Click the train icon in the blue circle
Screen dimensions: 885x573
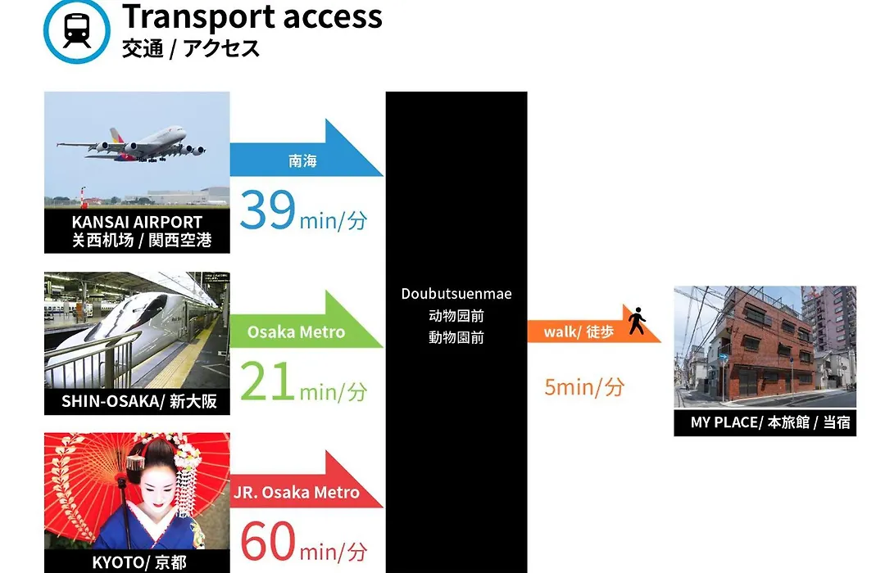click(x=77, y=30)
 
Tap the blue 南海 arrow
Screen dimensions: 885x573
click(x=306, y=148)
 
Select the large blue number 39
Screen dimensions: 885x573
click(x=267, y=210)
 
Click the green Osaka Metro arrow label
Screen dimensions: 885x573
click(x=296, y=332)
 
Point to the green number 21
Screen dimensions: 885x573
click(x=267, y=381)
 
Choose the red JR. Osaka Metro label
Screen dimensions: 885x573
click(x=297, y=492)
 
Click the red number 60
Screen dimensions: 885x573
click(x=267, y=540)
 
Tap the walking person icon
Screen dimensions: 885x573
click(x=638, y=320)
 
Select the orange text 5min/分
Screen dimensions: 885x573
click(x=584, y=387)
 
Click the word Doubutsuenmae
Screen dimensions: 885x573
click(x=456, y=294)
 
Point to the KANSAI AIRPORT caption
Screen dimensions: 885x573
click(x=137, y=222)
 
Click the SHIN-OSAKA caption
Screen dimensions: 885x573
click(x=139, y=401)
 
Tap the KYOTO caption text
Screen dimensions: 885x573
click(x=138, y=562)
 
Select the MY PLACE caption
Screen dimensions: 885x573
click(x=769, y=422)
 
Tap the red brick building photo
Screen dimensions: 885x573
click(x=765, y=347)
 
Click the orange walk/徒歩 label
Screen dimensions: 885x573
click(x=579, y=332)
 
